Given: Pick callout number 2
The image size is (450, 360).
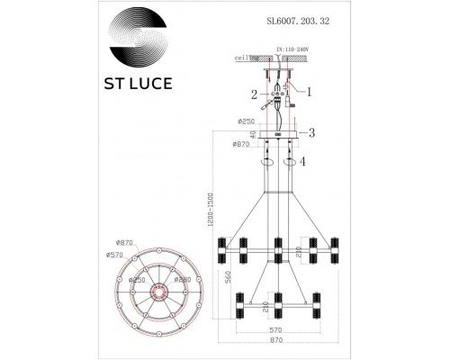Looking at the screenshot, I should coord(254,94).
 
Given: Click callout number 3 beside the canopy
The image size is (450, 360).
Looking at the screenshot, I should coord(311,133).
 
